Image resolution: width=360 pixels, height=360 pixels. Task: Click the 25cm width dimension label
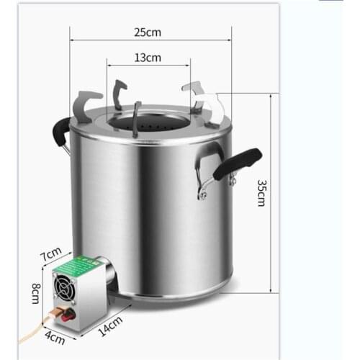point(147,33)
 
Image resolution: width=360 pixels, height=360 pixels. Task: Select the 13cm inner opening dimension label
point(148,58)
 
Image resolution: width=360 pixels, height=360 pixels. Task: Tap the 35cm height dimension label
point(261,193)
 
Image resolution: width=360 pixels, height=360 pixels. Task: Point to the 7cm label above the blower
point(49,256)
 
